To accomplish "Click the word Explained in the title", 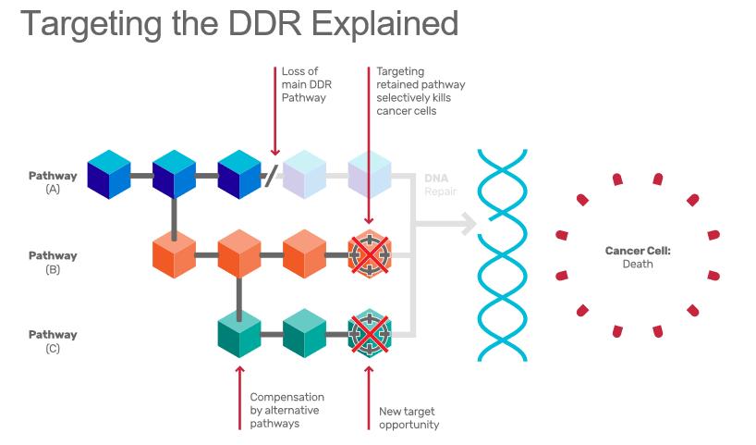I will (x=382, y=24).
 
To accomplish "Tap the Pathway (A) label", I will (x=53, y=181).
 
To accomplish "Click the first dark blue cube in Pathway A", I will (x=109, y=174).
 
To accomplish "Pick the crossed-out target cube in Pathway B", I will (x=370, y=253).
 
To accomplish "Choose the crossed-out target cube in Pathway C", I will (x=370, y=333).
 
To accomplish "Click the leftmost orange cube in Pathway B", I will (x=175, y=253).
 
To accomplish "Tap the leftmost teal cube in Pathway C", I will (x=239, y=333).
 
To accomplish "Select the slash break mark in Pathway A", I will (x=271, y=175).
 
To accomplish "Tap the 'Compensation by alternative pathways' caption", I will (x=287, y=410).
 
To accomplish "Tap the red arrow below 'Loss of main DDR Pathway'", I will (x=274, y=111).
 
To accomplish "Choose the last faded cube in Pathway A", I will (x=370, y=174).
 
